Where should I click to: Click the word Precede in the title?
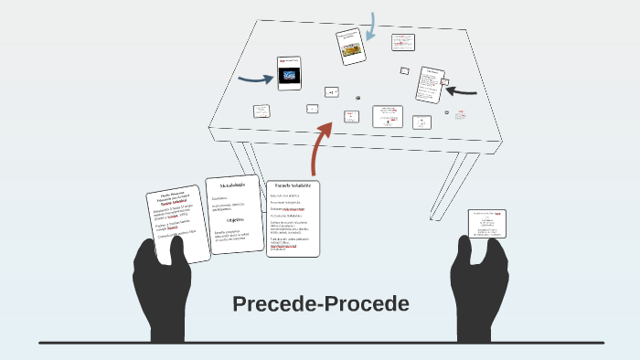point(273,303)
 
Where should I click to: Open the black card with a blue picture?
point(289,73)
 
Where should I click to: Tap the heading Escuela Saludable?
point(293,185)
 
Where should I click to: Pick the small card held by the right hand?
point(487,223)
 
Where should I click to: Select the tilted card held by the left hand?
point(172,224)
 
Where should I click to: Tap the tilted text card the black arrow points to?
point(431,83)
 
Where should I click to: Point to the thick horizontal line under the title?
point(320,343)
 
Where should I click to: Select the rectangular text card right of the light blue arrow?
point(402,42)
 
